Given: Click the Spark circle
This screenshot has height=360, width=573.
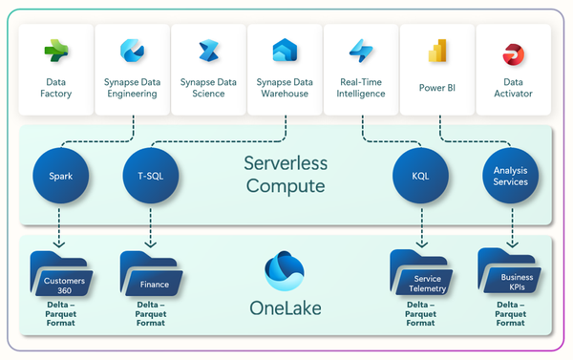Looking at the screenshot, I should [x=59, y=176].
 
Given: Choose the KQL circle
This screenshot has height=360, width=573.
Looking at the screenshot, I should [x=421, y=176].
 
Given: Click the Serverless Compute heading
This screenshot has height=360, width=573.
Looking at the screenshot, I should [x=285, y=174].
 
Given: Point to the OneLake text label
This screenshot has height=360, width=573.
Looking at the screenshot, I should [x=285, y=307].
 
